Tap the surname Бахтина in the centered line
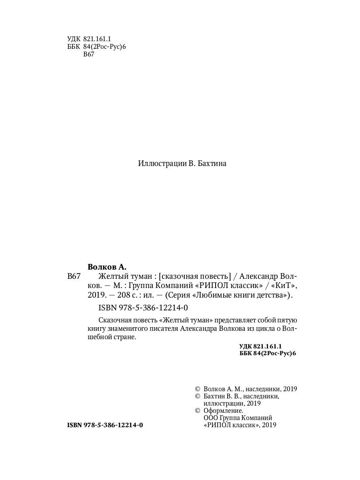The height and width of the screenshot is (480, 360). pos(211,164)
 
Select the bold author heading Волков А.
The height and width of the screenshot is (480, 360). pos(107,266)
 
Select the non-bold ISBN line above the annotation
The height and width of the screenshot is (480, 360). pos(142,308)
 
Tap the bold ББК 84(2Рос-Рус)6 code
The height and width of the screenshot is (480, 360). pos(267,354)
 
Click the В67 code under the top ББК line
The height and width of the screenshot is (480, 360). pos(88,55)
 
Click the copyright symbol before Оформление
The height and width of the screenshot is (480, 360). pos(196,411)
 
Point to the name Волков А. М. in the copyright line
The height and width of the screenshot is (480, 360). pos(222,389)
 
